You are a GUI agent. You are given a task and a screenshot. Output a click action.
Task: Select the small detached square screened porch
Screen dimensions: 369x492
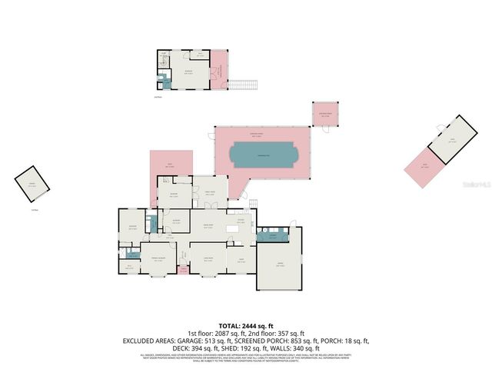(x=325, y=115)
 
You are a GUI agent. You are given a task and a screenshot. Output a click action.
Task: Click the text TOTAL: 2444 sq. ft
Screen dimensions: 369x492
(x=245, y=325)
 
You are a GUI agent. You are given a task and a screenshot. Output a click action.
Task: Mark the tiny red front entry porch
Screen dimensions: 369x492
(x=182, y=271)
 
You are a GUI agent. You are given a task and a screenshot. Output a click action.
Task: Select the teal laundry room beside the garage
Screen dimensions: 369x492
(x=269, y=237)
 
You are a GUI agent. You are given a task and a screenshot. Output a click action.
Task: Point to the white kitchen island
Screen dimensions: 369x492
(x=232, y=229)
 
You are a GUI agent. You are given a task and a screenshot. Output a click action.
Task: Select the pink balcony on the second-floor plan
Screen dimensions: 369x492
(x=220, y=69)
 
